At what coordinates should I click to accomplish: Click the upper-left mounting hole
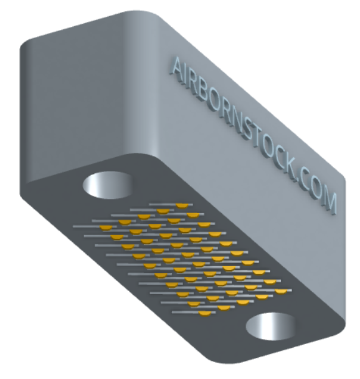[x=108, y=185]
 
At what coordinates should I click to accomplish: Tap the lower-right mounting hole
[x=271, y=326]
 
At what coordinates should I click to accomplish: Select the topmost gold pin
[x=182, y=206]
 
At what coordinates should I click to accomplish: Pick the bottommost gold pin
[x=205, y=314]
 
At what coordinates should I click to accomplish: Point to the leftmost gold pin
[x=107, y=228]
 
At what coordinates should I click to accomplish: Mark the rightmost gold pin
[x=281, y=292]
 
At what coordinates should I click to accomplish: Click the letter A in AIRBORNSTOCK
[x=178, y=69]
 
